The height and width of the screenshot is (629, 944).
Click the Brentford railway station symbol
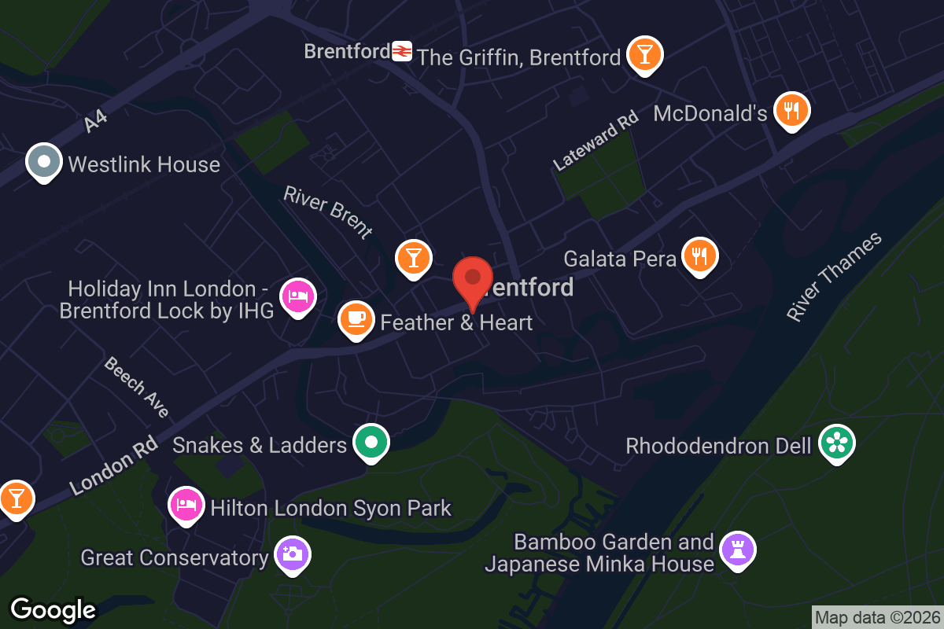click(402, 52)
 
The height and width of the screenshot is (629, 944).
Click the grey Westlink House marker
click(44, 162)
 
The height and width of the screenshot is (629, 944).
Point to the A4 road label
click(95, 121)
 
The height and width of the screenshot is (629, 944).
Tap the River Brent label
click(328, 212)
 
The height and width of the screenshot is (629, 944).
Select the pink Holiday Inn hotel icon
click(297, 297)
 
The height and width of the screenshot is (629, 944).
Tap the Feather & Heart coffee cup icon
click(356, 319)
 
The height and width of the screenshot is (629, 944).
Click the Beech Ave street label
click(137, 387)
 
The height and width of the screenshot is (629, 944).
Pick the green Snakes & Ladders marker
click(371, 443)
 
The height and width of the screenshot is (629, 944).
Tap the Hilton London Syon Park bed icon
click(186, 503)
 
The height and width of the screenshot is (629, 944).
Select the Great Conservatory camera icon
click(291, 554)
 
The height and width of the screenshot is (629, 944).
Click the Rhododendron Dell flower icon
click(836, 443)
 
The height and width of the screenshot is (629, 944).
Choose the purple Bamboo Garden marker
click(737, 549)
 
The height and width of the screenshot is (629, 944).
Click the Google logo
click(53, 609)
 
